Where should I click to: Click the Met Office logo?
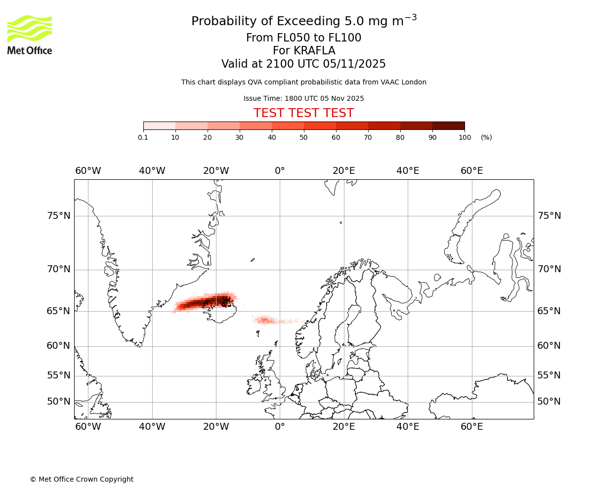(x=30, y=35)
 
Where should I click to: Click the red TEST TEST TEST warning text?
(x=303, y=113)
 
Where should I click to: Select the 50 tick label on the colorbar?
(x=304, y=137)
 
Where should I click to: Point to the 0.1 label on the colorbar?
(x=143, y=137)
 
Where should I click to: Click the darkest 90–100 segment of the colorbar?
(x=448, y=125)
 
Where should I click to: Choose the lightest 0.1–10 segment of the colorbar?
(x=159, y=125)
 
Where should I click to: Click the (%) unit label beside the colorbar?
(x=486, y=137)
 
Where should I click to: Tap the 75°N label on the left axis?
(x=58, y=216)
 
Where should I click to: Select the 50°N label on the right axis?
(x=549, y=402)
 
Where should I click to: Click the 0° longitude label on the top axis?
(x=280, y=171)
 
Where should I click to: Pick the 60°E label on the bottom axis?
(x=472, y=427)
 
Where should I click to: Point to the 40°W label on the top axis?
(x=152, y=171)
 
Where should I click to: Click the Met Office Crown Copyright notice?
(x=82, y=479)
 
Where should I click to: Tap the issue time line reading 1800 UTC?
(x=303, y=98)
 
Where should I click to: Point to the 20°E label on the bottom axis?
(x=344, y=427)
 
